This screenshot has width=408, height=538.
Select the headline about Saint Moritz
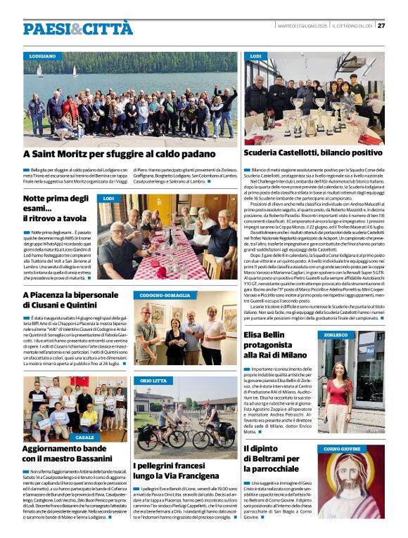(119, 153)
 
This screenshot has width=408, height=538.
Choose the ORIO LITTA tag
(153, 380)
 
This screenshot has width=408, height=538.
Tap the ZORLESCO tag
(336, 335)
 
